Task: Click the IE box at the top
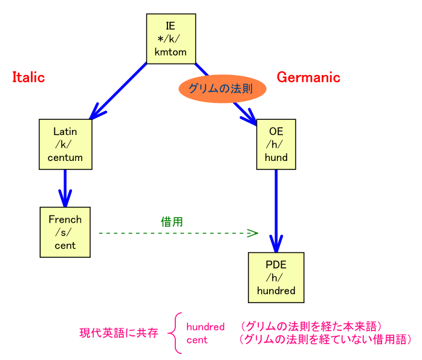pos(170,38)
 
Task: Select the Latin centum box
pos(65,145)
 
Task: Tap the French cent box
pos(65,232)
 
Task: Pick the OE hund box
pos(276,145)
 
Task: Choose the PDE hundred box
pos(276,277)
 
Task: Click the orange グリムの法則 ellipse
pos(222,89)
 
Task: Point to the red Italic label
pos(28,77)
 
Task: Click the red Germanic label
pos(308,77)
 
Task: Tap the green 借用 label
pos(172,222)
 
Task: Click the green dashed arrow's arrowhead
pos(253,232)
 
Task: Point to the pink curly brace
pos(174,333)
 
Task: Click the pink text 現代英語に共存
pos(118,333)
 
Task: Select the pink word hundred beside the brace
pos(206,327)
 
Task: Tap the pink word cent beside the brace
pos(196,339)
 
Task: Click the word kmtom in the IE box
pos(170,52)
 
